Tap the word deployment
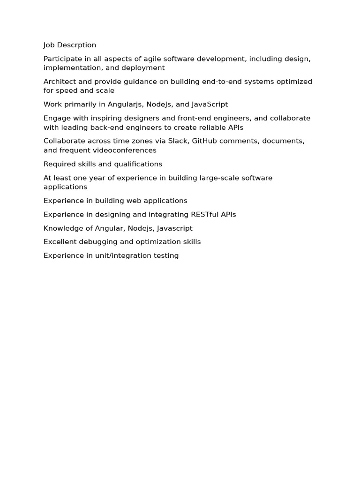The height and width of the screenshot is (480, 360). pos(143,68)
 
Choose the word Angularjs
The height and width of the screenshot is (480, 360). pos(125,105)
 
